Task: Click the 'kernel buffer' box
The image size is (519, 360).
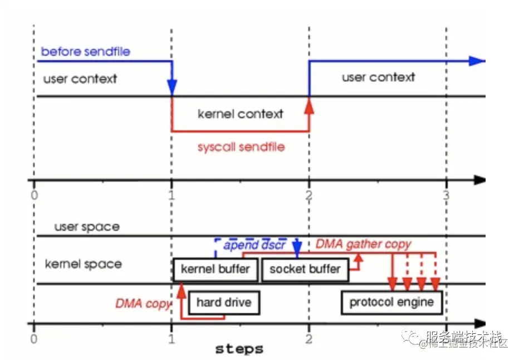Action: (x=214, y=270)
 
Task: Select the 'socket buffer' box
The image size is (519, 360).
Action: (x=305, y=270)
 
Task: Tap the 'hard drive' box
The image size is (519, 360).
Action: (x=224, y=303)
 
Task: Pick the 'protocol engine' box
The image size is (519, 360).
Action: (x=391, y=303)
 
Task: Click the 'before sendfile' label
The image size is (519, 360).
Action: (x=86, y=52)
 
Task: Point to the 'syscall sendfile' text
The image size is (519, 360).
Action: (x=241, y=147)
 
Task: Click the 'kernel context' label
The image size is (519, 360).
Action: (x=241, y=114)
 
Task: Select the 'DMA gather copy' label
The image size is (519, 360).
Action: (x=364, y=244)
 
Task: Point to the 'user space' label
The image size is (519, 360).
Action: (x=87, y=227)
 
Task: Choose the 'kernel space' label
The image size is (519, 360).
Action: (x=83, y=264)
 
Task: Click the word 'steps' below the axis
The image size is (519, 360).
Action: (x=239, y=349)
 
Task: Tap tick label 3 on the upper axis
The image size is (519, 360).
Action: (x=445, y=195)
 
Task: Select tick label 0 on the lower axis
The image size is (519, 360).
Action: (x=35, y=339)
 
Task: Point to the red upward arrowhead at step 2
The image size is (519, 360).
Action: (x=309, y=105)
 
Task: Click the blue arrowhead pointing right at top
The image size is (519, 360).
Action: (x=477, y=61)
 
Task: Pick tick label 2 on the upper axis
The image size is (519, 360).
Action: (x=309, y=195)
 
